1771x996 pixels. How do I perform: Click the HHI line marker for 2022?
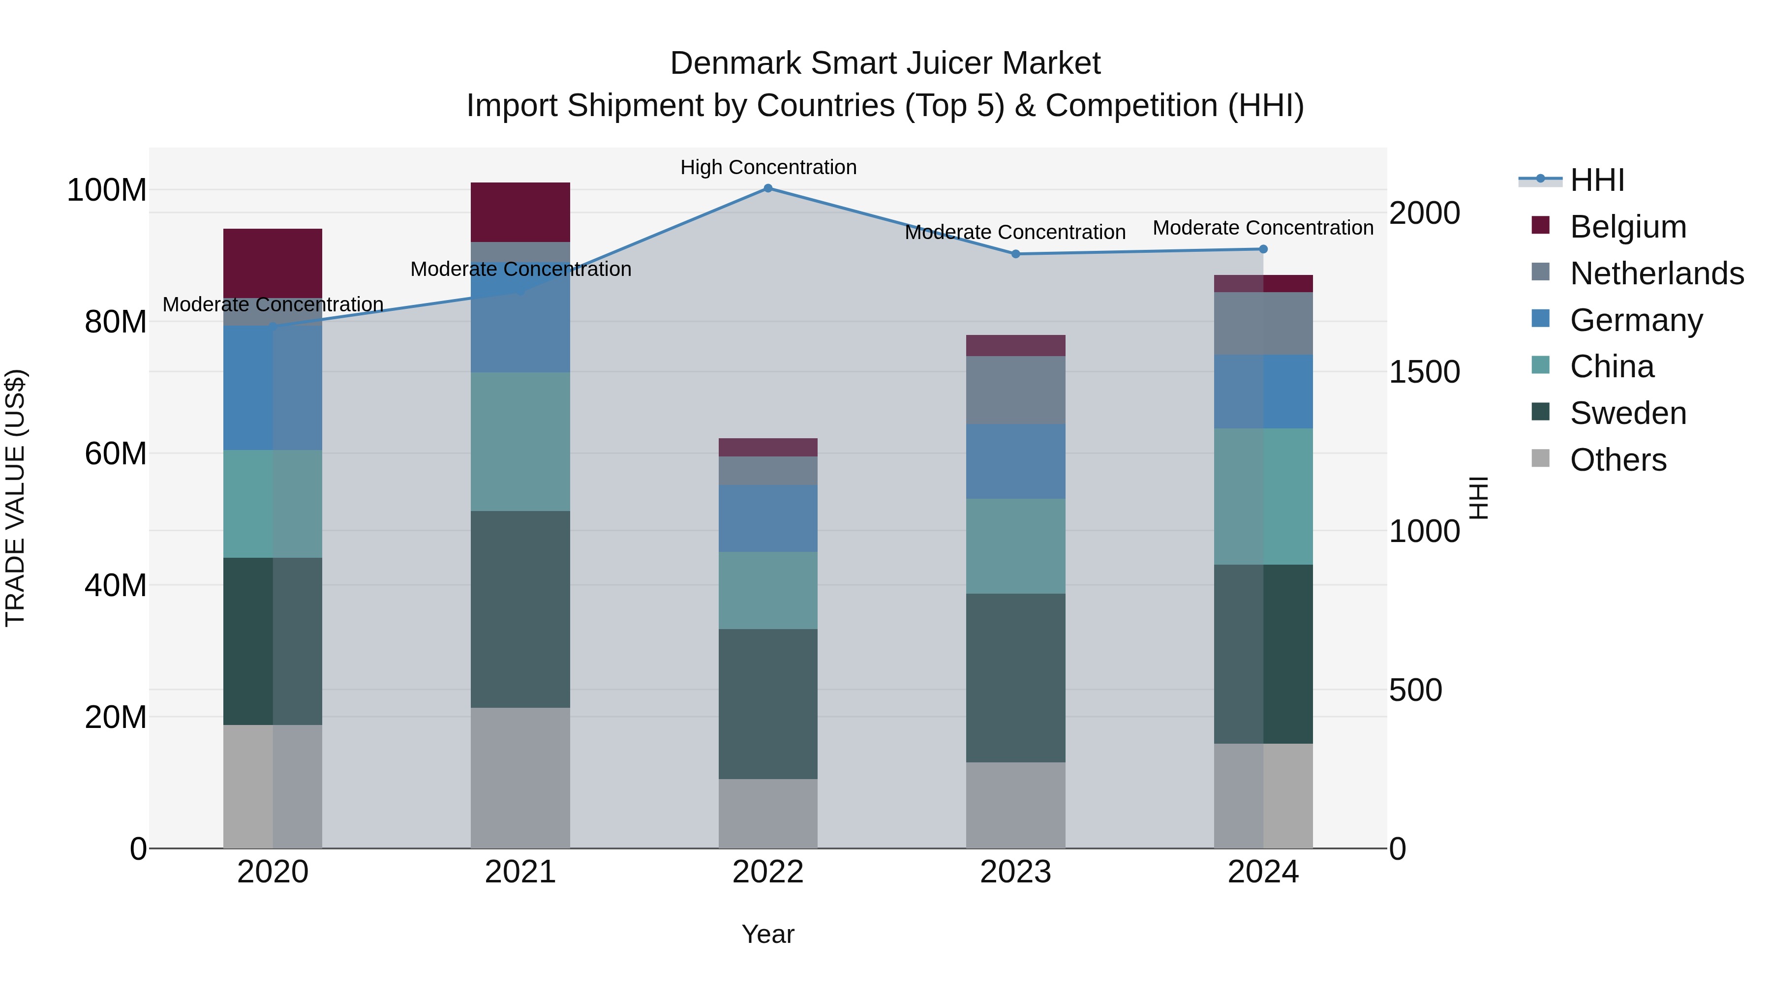point(768,188)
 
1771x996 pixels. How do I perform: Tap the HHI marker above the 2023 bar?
point(1015,254)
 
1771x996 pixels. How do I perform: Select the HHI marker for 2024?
point(1263,249)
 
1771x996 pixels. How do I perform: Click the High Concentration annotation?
point(768,167)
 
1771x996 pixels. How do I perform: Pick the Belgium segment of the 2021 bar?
point(520,211)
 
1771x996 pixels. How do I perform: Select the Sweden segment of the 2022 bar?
point(768,703)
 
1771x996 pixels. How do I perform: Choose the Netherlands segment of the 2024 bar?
point(1263,323)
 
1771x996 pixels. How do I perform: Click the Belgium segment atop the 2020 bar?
point(273,263)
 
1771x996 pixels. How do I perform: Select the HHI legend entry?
point(1597,180)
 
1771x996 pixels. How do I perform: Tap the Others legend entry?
point(1618,460)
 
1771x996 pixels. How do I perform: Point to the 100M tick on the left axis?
point(107,190)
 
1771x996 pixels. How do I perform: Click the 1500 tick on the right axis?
point(1424,372)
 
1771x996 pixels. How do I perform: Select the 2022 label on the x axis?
point(768,872)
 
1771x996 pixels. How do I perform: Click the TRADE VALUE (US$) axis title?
point(15,498)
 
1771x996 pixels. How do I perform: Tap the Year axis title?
point(768,934)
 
